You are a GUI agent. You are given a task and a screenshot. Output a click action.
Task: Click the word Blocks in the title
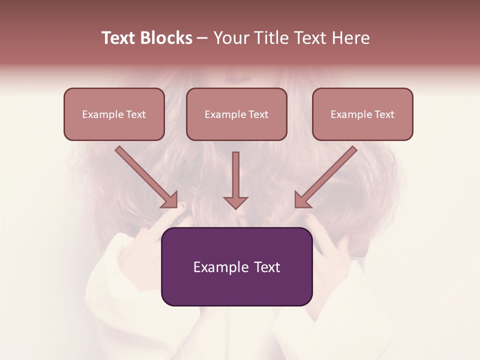165,38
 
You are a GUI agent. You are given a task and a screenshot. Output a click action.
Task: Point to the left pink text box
114,114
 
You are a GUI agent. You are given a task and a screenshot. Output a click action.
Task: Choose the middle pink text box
236,114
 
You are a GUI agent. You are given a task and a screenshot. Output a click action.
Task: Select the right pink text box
362,114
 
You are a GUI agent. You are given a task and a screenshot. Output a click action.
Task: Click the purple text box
236,266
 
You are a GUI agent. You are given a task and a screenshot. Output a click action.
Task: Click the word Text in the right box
384,114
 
